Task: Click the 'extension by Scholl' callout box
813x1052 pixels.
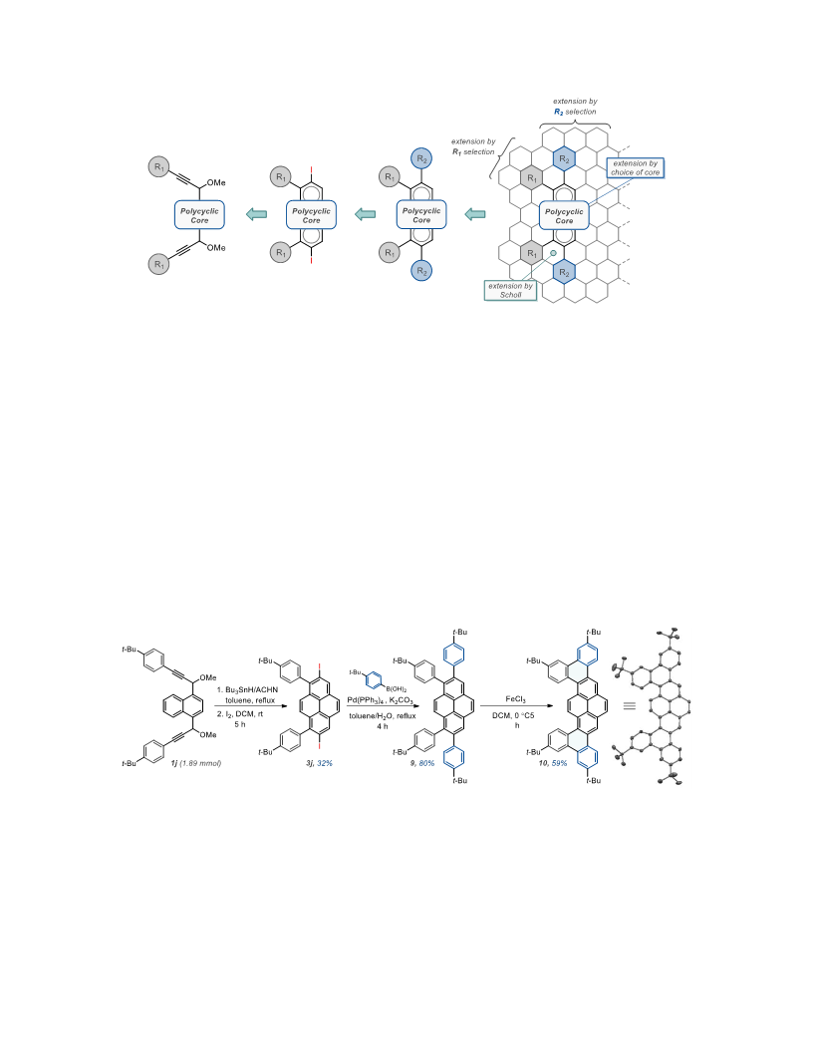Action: pyautogui.click(x=510, y=291)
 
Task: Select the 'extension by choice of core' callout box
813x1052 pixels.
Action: pyautogui.click(x=636, y=167)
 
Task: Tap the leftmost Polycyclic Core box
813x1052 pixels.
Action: pyautogui.click(x=199, y=215)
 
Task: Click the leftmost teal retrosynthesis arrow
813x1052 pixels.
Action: pyautogui.click(x=256, y=214)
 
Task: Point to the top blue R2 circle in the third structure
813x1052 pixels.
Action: pyautogui.click(x=421, y=158)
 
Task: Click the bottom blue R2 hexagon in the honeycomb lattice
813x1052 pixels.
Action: pyautogui.click(x=564, y=272)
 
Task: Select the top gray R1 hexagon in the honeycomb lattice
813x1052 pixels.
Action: pyautogui.click(x=531, y=177)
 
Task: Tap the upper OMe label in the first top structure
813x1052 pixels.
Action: pyautogui.click(x=216, y=182)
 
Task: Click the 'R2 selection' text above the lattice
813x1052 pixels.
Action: pyautogui.click(x=575, y=112)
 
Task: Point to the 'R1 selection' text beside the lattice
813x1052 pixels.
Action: pyautogui.click(x=473, y=151)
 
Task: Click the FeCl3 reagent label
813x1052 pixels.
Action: pyautogui.click(x=515, y=699)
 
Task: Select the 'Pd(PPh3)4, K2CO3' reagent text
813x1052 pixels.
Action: pyautogui.click(x=380, y=700)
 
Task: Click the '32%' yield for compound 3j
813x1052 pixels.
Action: pyautogui.click(x=325, y=763)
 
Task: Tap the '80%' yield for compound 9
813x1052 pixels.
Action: pyautogui.click(x=426, y=763)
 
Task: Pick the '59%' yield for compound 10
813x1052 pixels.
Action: pyautogui.click(x=560, y=763)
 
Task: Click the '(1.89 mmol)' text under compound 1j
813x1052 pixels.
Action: pyautogui.click(x=200, y=763)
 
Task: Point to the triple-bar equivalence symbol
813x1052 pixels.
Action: pyautogui.click(x=630, y=705)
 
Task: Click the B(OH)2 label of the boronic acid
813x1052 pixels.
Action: pyautogui.click(x=396, y=689)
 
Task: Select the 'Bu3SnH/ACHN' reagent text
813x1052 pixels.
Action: pyautogui.click(x=251, y=689)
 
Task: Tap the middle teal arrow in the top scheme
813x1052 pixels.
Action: pyautogui.click(x=365, y=214)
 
